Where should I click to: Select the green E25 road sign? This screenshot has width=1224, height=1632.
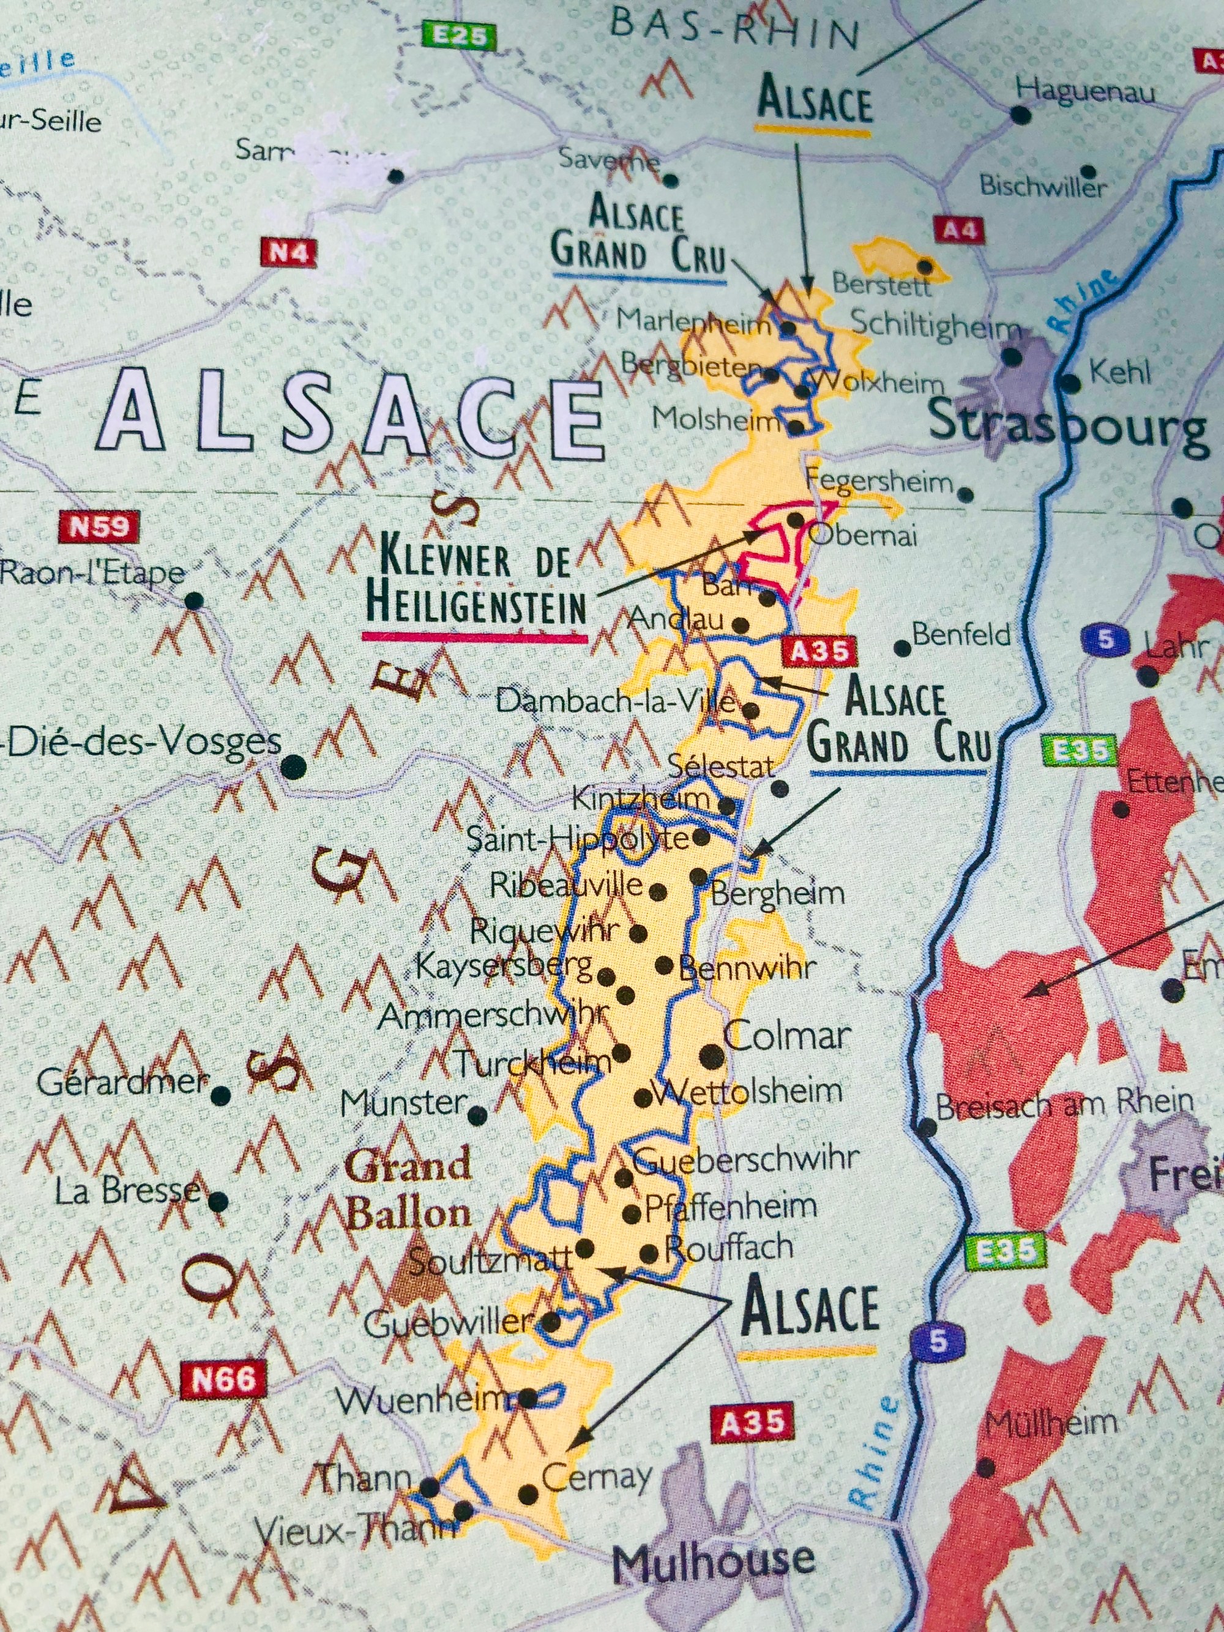point(458,36)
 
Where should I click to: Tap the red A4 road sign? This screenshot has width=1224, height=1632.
point(959,230)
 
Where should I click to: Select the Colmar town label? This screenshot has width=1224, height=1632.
point(787,1036)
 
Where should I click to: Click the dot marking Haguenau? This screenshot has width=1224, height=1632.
point(1020,114)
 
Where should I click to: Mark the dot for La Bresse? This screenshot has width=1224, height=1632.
point(218,1202)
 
